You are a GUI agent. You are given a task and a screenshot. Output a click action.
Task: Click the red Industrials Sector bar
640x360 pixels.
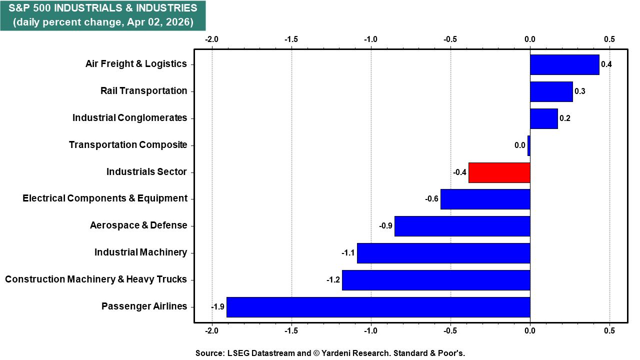(499, 172)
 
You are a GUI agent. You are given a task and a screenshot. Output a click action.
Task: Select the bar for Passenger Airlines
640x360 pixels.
(378, 307)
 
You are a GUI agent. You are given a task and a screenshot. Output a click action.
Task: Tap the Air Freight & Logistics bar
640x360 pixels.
(564, 64)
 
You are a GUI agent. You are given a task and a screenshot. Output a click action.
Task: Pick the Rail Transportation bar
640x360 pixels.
(551, 91)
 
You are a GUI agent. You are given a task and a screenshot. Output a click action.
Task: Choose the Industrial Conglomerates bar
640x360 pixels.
(543, 118)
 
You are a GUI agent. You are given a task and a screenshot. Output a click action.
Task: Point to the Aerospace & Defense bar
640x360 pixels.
(462, 226)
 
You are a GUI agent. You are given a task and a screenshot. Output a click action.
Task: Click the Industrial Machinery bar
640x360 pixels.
(443, 253)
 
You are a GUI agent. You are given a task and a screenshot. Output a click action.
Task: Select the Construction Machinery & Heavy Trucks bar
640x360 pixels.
(436, 280)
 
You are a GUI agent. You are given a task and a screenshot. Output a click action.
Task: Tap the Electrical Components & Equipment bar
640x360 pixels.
(485, 199)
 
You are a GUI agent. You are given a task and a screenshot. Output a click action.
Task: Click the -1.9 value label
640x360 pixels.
(217, 307)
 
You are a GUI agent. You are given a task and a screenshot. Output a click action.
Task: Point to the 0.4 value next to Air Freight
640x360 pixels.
(606, 64)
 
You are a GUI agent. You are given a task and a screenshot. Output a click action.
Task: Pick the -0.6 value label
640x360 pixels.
(431, 199)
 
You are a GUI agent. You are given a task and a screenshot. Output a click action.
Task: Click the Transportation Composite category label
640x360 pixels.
(128, 145)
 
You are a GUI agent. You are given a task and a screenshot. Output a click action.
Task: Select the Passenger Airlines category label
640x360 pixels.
(144, 306)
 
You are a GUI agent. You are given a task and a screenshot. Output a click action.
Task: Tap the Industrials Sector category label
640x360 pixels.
(146, 172)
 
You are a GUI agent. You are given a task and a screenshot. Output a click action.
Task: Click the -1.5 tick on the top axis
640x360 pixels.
(291, 39)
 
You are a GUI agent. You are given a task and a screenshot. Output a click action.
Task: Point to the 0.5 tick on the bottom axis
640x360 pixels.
(609, 331)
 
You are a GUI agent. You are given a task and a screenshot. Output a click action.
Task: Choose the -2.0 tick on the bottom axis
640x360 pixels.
(212, 331)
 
